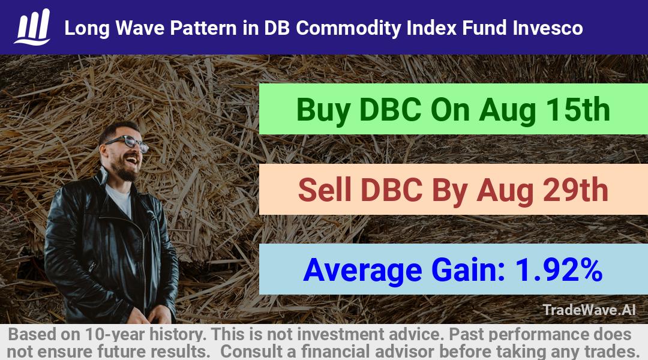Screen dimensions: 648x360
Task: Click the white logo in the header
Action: click(x=32, y=27)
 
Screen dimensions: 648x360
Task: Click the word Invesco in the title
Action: click(x=548, y=28)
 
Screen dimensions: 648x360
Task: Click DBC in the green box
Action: click(x=391, y=110)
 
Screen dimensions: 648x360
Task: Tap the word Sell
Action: click(x=325, y=190)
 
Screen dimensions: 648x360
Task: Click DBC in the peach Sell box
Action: click(x=391, y=190)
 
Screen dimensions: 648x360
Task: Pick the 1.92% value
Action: click(x=559, y=269)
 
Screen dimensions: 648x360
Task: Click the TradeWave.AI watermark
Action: click(x=589, y=310)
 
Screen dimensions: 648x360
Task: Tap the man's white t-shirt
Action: click(x=120, y=199)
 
